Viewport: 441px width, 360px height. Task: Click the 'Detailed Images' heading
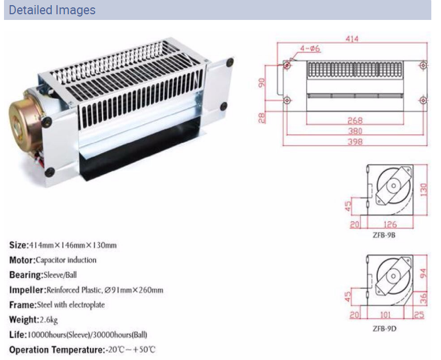tap(52, 10)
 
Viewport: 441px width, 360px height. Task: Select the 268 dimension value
tap(354, 121)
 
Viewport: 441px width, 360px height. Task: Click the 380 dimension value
tap(354, 130)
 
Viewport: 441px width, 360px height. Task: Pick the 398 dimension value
tap(354, 141)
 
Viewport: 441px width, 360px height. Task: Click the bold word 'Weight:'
tap(23, 320)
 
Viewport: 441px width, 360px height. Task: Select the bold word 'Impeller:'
tap(27, 290)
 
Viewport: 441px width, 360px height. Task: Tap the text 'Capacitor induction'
tap(66, 260)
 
